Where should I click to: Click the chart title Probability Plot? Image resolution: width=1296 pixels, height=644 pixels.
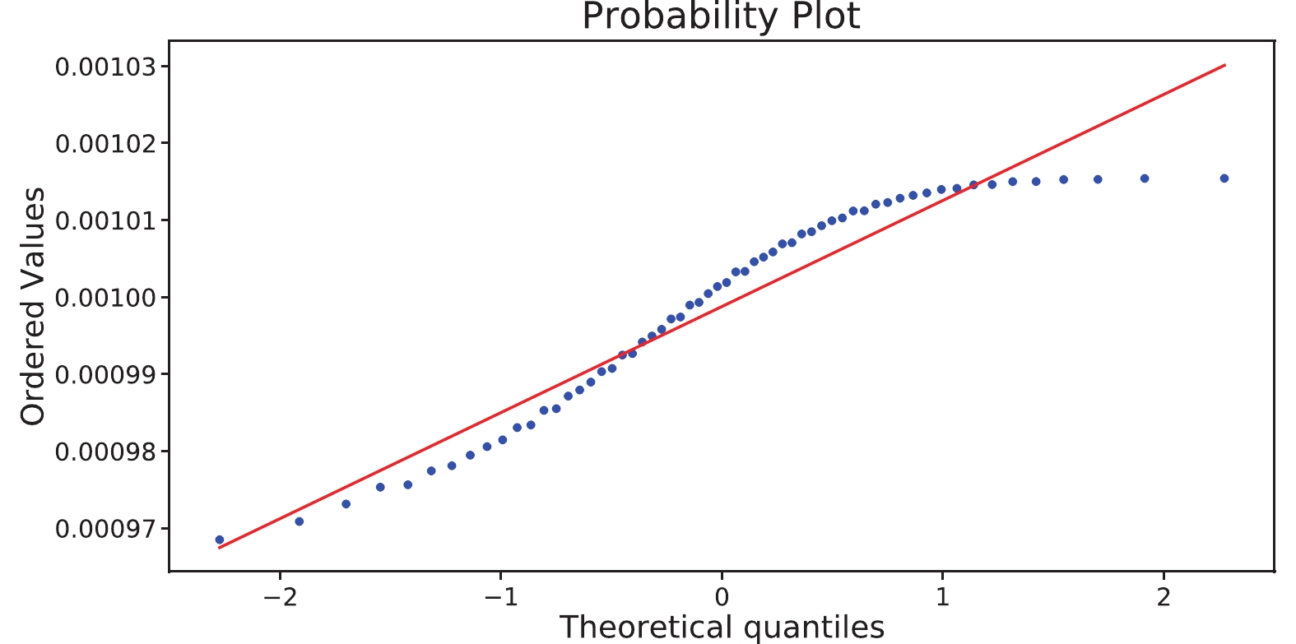tap(721, 16)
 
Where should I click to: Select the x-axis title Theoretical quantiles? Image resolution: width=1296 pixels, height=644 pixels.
tap(722, 627)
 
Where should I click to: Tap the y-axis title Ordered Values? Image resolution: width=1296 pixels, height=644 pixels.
tap(33, 306)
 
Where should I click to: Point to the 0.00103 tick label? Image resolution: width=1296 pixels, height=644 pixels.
tap(105, 67)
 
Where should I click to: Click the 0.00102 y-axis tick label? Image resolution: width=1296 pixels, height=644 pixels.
tap(105, 144)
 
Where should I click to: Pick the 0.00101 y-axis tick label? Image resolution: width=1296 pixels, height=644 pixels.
tap(105, 220)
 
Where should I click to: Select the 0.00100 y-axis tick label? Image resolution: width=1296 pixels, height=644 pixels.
tap(105, 298)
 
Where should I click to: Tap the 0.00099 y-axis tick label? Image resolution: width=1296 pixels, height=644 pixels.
tap(105, 374)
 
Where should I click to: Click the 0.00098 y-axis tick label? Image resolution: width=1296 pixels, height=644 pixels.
tap(105, 452)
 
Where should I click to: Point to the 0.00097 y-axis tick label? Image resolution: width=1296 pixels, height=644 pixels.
tap(105, 528)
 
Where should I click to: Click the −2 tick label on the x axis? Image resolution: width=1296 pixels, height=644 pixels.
tap(279, 597)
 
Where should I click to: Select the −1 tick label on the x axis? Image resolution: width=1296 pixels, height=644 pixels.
tap(500, 597)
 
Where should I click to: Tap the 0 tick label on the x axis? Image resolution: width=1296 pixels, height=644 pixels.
tap(722, 597)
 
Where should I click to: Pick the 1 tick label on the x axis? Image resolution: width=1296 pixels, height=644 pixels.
tap(942, 597)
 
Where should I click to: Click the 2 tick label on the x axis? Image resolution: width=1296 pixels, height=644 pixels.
tap(1164, 597)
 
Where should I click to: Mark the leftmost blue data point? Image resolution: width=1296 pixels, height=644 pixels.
tap(220, 540)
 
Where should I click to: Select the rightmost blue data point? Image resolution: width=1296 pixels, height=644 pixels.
tap(1224, 178)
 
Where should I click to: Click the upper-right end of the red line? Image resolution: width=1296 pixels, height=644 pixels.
tap(1225, 65)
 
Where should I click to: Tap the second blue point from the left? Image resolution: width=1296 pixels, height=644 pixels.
tap(300, 521)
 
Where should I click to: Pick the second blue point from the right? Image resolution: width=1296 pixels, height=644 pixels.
tap(1145, 178)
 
